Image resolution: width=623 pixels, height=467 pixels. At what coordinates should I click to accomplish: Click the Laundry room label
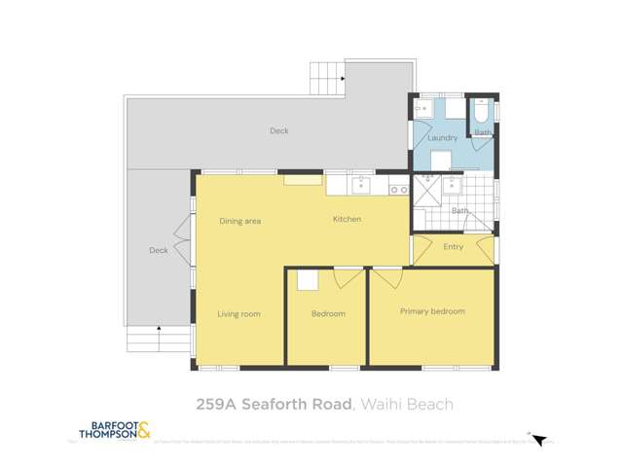(x=442, y=138)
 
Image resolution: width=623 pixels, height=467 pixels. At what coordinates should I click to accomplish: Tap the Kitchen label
(x=347, y=219)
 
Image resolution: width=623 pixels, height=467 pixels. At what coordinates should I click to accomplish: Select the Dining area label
(x=239, y=221)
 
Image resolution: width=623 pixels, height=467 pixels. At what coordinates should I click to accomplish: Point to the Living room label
(x=238, y=313)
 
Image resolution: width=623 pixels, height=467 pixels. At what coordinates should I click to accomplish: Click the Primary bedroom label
(x=432, y=311)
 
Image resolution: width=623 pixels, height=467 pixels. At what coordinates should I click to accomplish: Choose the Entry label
(x=454, y=247)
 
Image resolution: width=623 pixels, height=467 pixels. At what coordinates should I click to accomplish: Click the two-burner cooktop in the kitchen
(x=398, y=189)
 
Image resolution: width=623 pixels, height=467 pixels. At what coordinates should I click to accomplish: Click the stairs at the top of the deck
(x=327, y=76)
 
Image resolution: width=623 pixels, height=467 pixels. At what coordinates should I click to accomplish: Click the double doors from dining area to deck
(x=182, y=233)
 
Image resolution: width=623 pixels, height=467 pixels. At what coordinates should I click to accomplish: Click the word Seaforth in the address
(x=292, y=403)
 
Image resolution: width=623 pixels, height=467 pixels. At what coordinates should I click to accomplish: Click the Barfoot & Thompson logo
(x=115, y=431)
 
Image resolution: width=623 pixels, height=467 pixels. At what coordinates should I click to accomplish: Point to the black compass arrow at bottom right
(x=541, y=441)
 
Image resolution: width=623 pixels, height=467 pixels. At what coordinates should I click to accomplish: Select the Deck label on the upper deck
(x=278, y=130)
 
